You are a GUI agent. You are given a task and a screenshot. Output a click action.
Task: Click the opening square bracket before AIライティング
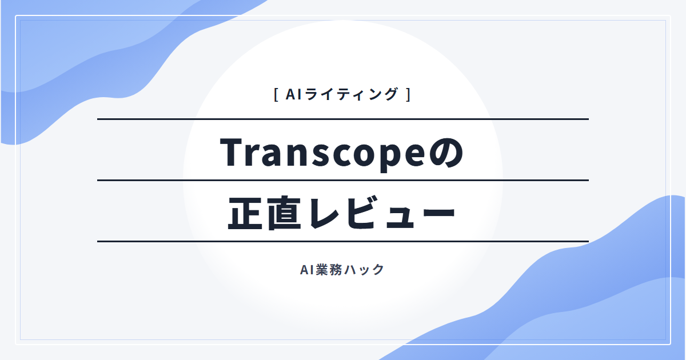pyautogui.click(x=276, y=94)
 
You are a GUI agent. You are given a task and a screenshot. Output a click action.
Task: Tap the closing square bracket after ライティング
pyautogui.click(x=408, y=94)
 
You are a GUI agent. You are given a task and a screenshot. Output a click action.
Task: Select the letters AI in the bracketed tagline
pyautogui.click(x=294, y=94)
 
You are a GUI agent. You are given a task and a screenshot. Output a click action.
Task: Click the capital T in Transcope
pyautogui.click(x=233, y=152)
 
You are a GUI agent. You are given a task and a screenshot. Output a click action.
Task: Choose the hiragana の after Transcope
pyautogui.click(x=447, y=153)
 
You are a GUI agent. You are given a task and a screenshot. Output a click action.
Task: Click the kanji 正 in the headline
pyautogui.click(x=245, y=213)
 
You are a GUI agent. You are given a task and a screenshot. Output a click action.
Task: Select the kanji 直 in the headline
pyautogui.click(x=284, y=213)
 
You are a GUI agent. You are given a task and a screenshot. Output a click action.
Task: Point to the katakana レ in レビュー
pyautogui.click(x=325, y=213)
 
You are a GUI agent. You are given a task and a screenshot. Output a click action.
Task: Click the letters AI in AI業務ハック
pyautogui.click(x=307, y=270)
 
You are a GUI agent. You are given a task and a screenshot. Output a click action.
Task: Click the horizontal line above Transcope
pyautogui.click(x=343, y=119)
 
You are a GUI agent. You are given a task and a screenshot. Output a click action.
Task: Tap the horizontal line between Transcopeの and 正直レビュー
pyautogui.click(x=343, y=181)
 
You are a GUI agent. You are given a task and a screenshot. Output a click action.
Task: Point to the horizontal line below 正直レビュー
pyautogui.click(x=343, y=242)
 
